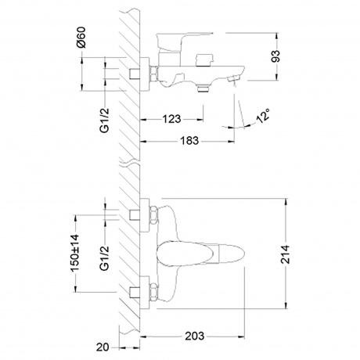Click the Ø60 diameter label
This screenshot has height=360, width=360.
[x=81, y=38]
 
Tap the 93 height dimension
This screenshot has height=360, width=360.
[x=275, y=56]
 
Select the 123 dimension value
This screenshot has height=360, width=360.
[x=171, y=119]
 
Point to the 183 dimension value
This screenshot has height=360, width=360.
[x=189, y=141]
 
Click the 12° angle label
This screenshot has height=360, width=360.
[x=263, y=116]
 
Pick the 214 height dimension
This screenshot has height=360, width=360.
[x=286, y=254]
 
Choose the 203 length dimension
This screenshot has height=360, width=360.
[x=195, y=336]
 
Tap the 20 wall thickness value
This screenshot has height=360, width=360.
[x=103, y=347]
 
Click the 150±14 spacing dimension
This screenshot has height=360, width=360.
[x=75, y=253]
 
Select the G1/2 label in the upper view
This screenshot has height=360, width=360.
[x=105, y=121]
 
